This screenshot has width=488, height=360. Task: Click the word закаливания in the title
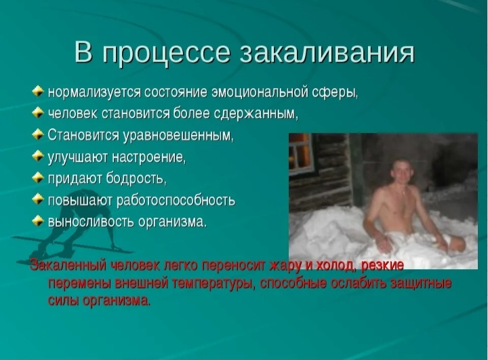(327, 52)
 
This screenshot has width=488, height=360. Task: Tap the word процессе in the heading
(166, 54)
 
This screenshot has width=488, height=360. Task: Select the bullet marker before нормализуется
(37, 92)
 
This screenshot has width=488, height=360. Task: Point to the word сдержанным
(256, 114)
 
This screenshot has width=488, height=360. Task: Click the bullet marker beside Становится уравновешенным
(37, 134)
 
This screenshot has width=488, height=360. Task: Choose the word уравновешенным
(178, 136)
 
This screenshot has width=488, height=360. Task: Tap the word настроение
(148, 157)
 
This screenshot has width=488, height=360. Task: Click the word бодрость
(136, 178)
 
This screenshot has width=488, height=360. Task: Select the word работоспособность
(176, 201)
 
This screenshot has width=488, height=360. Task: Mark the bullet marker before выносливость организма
(37, 220)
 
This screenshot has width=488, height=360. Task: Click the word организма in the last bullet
(172, 222)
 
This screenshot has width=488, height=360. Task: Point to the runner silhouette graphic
(72, 224)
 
